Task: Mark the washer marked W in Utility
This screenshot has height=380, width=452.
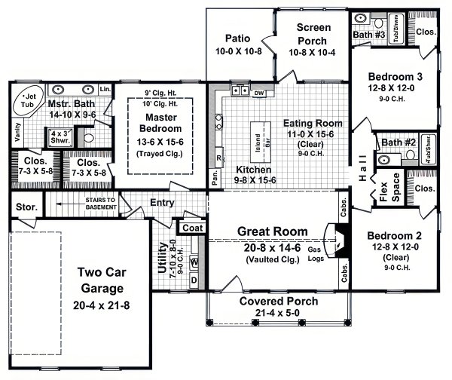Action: [x=194, y=262]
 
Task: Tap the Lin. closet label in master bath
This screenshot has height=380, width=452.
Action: [x=105, y=90]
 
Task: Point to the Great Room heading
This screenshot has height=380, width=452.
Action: [x=272, y=231]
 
